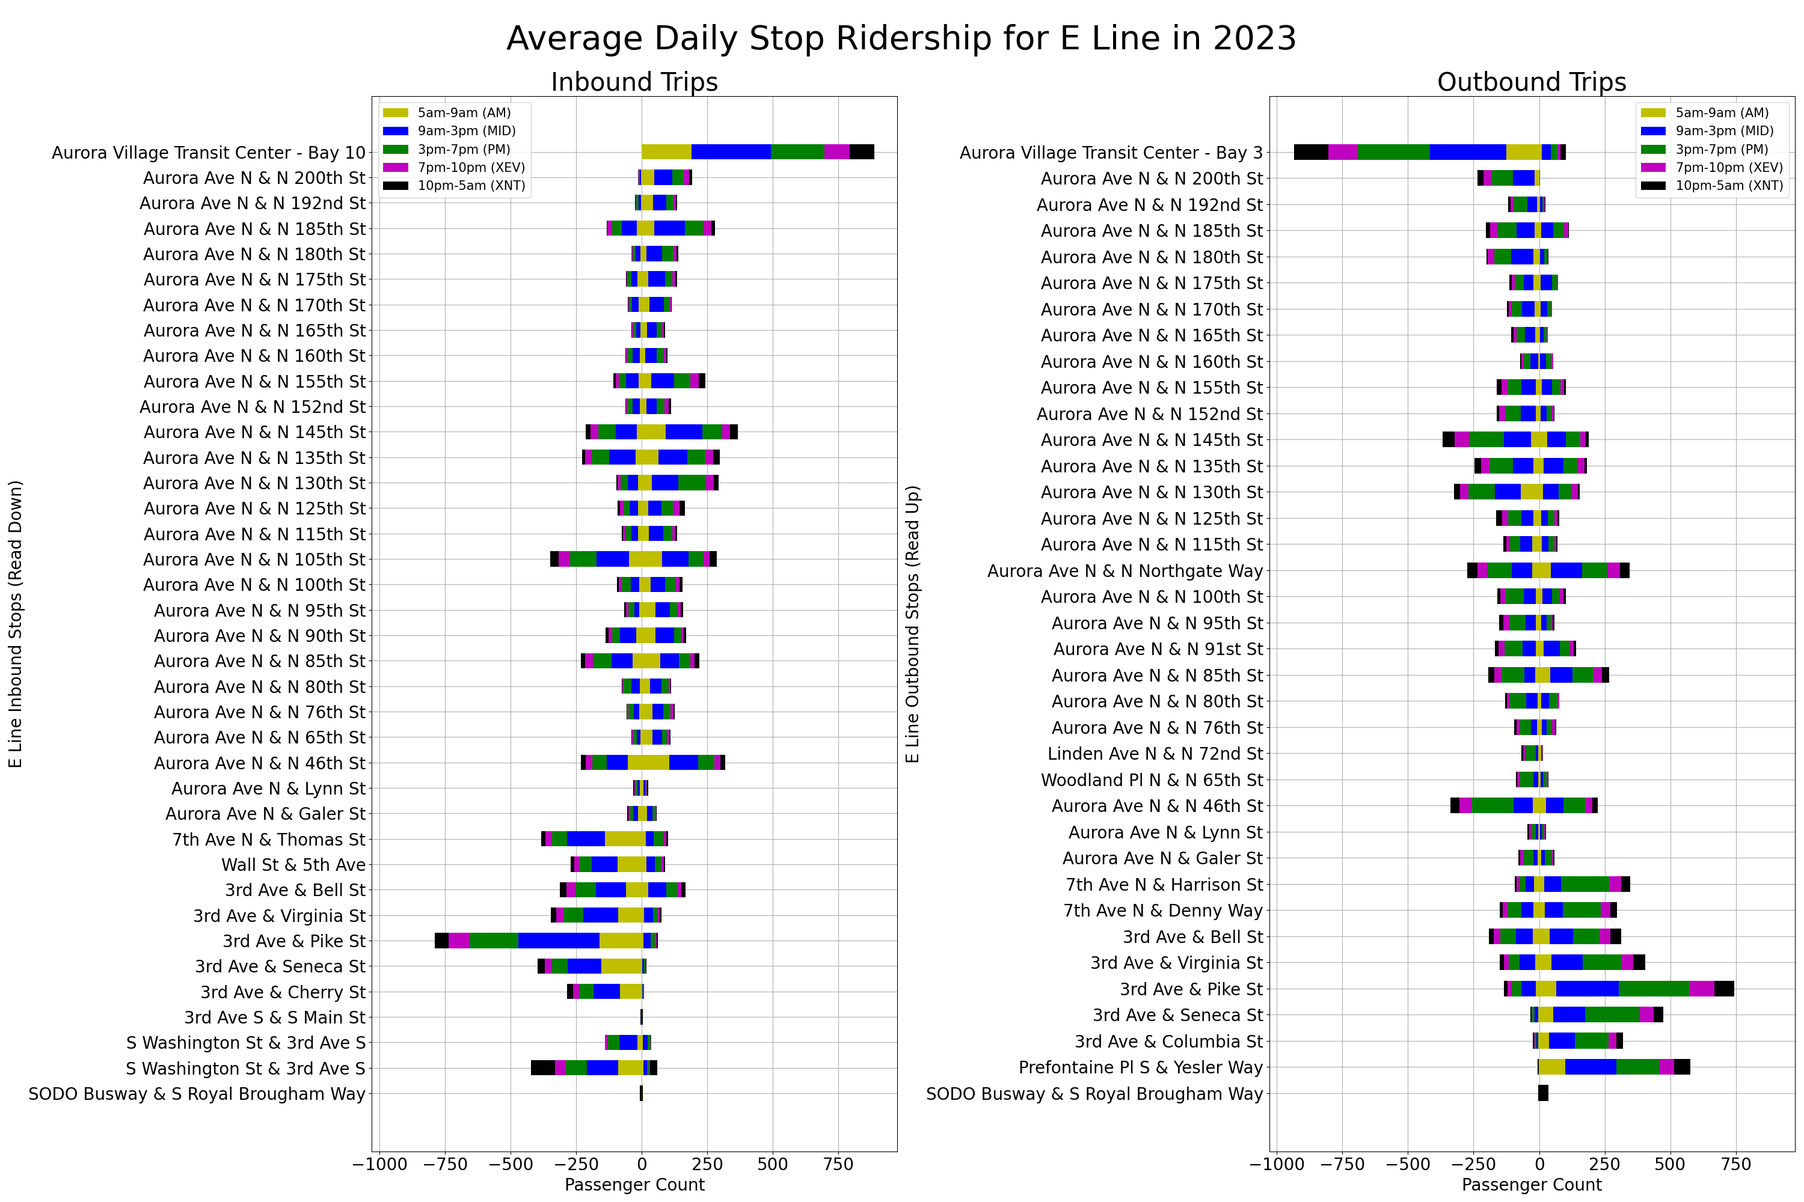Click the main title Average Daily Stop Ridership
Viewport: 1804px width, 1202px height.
[901, 38]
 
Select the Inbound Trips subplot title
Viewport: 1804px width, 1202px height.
[634, 82]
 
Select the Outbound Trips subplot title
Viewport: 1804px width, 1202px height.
[1531, 82]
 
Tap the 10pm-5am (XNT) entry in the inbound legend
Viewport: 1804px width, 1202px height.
[470, 186]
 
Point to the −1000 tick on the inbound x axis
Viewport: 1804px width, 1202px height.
[379, 1165]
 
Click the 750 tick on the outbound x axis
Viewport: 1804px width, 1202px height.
[1735, 1165]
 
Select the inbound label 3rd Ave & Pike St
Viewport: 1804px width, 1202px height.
[294, 941]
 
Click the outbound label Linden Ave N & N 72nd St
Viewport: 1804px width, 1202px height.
[1155, 754]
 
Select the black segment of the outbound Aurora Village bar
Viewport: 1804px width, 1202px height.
[1310, 152]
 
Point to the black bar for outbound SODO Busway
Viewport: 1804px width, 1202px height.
[1543, 1094]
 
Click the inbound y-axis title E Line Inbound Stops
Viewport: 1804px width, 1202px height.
[16, 624]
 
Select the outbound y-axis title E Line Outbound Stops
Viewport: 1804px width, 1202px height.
[913, 624]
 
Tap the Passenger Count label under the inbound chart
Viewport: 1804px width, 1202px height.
[634, 1185]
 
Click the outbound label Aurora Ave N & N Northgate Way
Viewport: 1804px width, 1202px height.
[1124, 571]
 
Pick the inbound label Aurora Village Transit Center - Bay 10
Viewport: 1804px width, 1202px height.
[209, 153]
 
